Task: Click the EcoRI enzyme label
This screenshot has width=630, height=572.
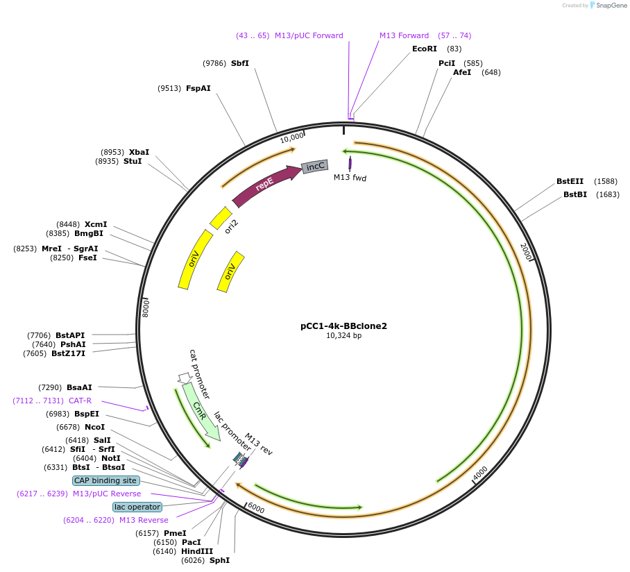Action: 425,49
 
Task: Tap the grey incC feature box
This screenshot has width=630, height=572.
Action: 314,166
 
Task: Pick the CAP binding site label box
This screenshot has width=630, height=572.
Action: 106,480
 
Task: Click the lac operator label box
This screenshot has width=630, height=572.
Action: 137,507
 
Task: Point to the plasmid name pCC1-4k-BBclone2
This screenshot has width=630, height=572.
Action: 343,326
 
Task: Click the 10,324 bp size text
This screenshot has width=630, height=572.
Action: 343,336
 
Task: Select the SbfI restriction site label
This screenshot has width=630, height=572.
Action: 240,63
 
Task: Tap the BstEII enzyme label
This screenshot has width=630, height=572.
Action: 570,181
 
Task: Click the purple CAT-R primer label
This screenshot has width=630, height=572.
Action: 80,401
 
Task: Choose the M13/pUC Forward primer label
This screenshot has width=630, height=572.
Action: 309,35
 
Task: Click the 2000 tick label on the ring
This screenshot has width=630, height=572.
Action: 525,252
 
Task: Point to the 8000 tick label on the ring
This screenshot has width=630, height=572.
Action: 146,308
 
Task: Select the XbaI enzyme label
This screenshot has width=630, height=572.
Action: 139,152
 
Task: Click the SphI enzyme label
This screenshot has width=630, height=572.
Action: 219,560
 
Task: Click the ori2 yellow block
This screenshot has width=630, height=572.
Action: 221,218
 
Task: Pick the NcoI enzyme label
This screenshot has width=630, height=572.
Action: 94,427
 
